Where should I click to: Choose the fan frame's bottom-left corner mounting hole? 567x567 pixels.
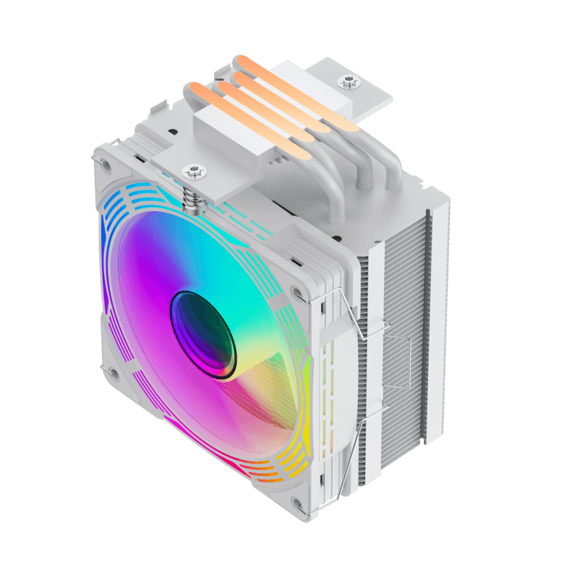coord(110,370)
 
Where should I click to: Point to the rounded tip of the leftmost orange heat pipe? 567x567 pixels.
coord(191,90)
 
